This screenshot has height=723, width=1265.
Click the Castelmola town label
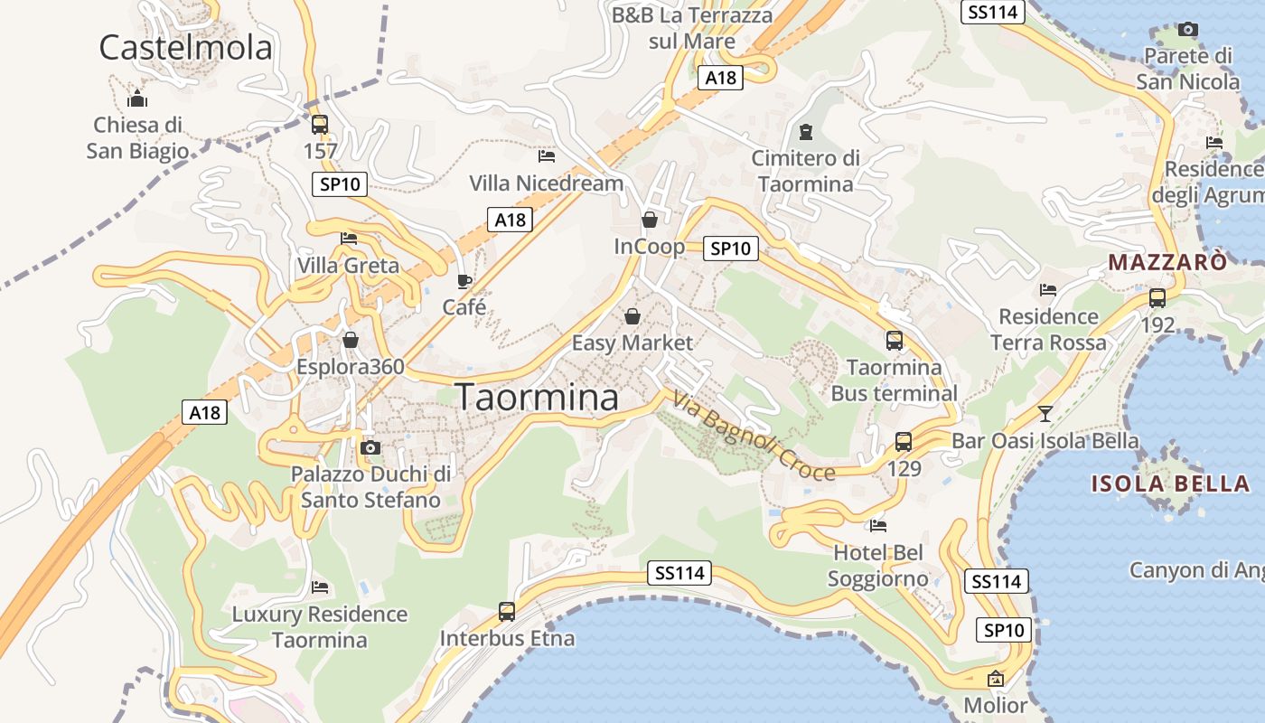[x=185, y=46]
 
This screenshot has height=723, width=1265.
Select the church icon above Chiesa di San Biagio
[x=137, y=98]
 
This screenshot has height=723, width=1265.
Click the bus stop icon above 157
[x=319, y=125]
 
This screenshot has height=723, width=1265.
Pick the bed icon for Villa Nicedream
[x=546, y=156]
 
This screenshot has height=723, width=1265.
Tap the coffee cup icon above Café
[x=464, y=281]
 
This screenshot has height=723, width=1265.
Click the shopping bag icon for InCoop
[x=649, y=220]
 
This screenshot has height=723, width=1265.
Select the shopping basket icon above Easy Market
[x=632, y=316]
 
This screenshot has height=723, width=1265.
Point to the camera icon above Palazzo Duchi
[x=370, y=447]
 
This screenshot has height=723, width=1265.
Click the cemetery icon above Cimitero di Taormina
[x=806, y=132]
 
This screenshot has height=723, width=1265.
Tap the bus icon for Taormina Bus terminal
[x=894, y=341]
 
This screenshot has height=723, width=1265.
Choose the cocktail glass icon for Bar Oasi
[x=1045, y=414]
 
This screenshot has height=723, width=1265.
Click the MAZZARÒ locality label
[x=1167, y=262]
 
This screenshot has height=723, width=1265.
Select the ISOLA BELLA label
[x=1170, y=483]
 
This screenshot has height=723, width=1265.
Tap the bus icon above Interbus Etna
[x=507, y=612]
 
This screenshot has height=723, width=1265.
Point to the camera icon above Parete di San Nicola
[x=1188, y=30]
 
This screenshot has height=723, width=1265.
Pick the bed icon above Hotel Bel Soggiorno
[x=877, y=526]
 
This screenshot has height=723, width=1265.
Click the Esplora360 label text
[x=351, y=368]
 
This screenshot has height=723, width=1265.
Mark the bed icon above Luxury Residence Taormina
[x=320, y=587]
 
